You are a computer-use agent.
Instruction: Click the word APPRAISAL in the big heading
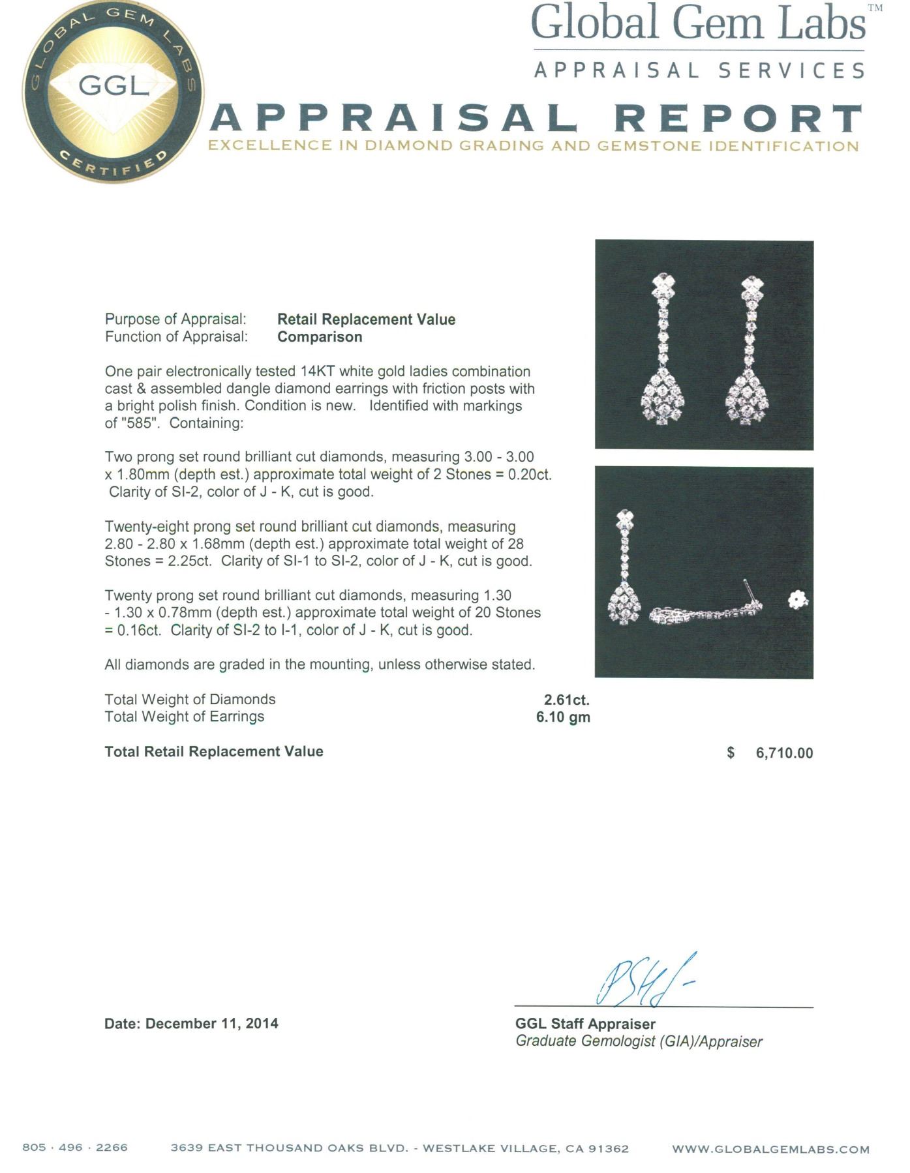[x=395, y=118]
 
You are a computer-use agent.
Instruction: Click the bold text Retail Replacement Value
[x=366, y=319]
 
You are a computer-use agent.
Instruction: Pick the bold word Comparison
[x=320, y=337]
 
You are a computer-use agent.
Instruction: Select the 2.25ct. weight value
[x=190, y=561]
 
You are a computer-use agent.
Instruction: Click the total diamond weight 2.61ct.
[x=566, y=700]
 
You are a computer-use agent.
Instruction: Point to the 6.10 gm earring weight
[x=563, y=717]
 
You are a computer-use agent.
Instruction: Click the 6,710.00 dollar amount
[x=784, y=753]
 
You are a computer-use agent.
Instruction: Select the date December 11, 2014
[x=211, y=1024]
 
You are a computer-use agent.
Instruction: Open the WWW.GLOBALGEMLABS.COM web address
[x=770, y=1149]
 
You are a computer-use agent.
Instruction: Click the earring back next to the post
[x=796, y=599]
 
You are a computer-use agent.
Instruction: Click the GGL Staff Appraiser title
[x=585, y=1024]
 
